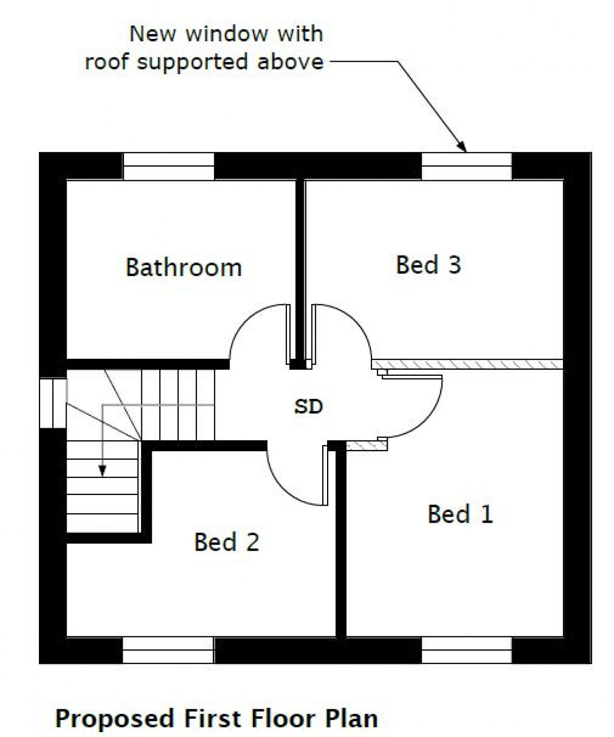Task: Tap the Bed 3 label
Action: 428,265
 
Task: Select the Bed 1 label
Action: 460,514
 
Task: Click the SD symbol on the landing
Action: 309,406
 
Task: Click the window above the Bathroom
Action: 168,166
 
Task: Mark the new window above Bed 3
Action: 467,166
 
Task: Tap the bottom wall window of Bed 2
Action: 168,649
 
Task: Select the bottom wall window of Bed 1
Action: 467,649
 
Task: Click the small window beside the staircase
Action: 53,403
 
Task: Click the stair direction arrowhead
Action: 102,472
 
